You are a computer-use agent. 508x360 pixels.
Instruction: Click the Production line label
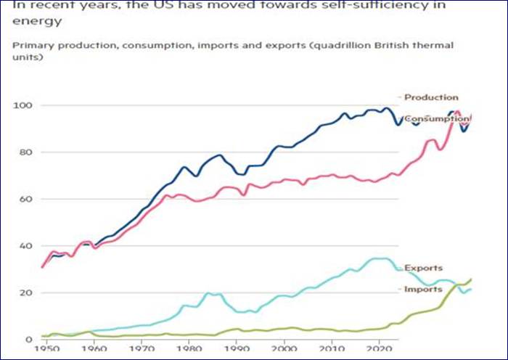[431, 97]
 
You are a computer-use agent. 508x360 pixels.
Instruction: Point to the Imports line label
[424, 289]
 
